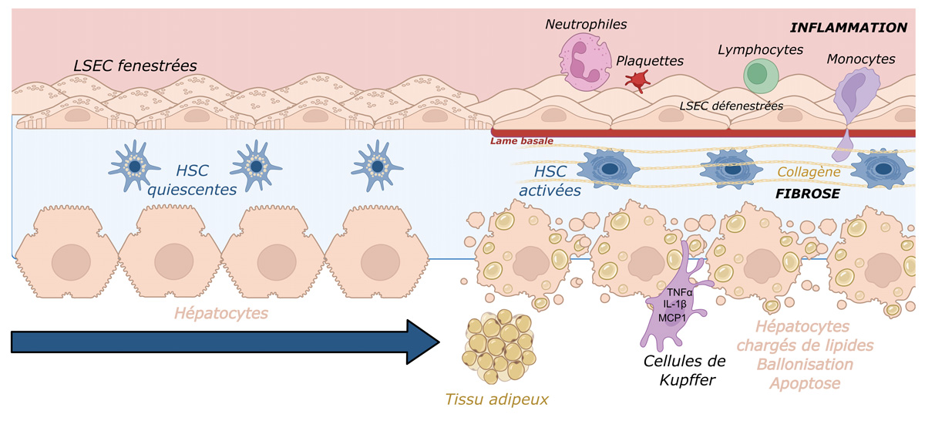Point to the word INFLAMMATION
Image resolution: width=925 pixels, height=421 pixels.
(849, 28)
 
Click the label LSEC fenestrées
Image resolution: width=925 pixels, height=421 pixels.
(135, 66)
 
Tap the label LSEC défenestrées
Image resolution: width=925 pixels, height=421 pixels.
(732, 105)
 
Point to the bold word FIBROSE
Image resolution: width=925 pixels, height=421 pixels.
(809, 194)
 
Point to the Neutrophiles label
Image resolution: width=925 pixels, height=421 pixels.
(586, 24)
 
